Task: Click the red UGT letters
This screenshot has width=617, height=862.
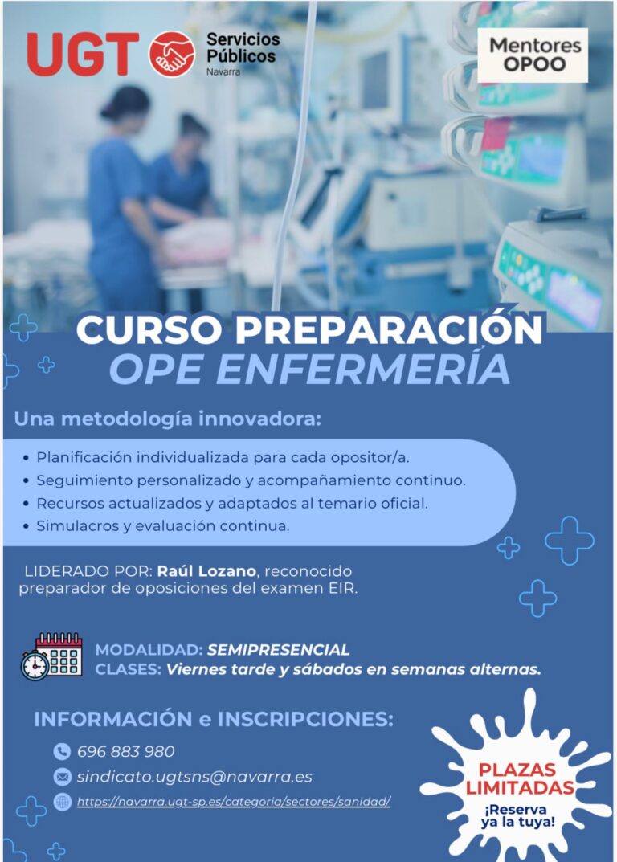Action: [x=83, y=54]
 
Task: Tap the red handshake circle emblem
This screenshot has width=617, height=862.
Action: [x=171, y=54]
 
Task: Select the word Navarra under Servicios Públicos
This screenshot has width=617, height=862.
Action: [x=223, y=72]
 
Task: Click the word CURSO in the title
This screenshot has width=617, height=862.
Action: [x=145, y=330]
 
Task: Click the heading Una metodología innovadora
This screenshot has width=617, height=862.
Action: [x=167, y=419]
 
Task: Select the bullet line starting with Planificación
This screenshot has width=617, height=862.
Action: [x=223, y=457]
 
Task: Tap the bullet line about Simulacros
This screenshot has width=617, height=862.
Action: [x=162, y=526]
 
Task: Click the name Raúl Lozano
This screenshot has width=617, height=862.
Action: [x=206, y=571]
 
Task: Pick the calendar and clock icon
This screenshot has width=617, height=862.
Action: [x=51, y=656]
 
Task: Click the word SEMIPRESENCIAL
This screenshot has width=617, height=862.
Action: [x=278, y=649]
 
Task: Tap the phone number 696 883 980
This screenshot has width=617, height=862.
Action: [x=125, y=752]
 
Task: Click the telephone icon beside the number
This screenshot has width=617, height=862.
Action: [x=62, y=752]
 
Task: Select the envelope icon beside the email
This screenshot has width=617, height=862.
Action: [x=62, y=777]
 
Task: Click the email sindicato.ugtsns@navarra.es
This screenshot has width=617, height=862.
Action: [x=194, y=777]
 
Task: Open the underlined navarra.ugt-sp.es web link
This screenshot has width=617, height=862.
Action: [x=233, y=802]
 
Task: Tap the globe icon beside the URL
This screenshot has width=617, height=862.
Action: [x=62, y=802]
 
